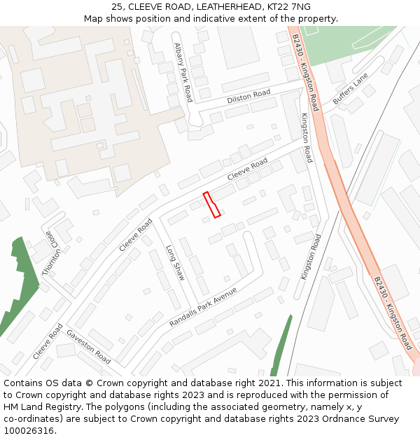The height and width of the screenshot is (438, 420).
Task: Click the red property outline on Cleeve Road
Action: (211, 204)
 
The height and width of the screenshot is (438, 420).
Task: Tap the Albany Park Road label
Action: (183, 71)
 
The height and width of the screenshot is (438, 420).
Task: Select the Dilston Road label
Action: (248, 97)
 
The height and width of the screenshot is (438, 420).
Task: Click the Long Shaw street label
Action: (175, 263)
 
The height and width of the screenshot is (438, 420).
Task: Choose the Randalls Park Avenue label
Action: (203, 307)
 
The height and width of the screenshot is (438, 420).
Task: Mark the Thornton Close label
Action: (52, 253)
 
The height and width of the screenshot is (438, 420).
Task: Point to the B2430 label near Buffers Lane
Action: (306, 68)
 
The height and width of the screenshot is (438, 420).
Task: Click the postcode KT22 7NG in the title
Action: (290, 7)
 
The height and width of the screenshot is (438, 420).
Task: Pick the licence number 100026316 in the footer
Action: (29, 431)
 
